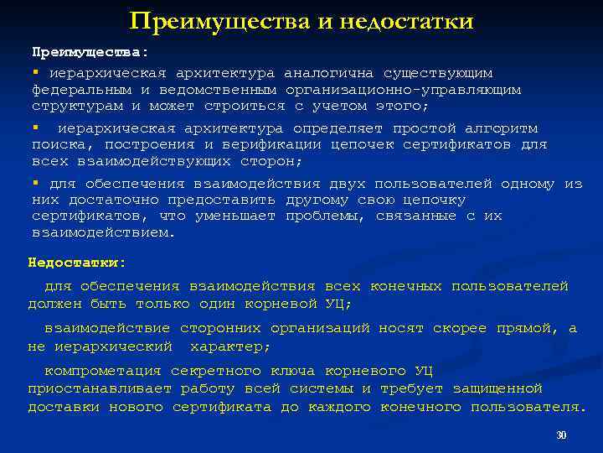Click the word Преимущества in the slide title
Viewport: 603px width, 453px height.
coord(219,21)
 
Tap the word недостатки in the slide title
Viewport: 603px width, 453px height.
coord(406,21)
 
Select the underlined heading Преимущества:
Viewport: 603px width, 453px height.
coord(90,53)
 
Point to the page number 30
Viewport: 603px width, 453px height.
coord(562,436)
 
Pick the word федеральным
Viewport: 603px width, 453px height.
coord(81,90)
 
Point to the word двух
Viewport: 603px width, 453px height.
coord(348,184)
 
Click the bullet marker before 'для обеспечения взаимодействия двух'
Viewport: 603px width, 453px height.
coord(36,183)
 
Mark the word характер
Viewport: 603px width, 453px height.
coord(230,346)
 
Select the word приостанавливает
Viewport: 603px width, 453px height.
coord(100,389)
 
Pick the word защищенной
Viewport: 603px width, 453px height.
coord(497,389)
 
